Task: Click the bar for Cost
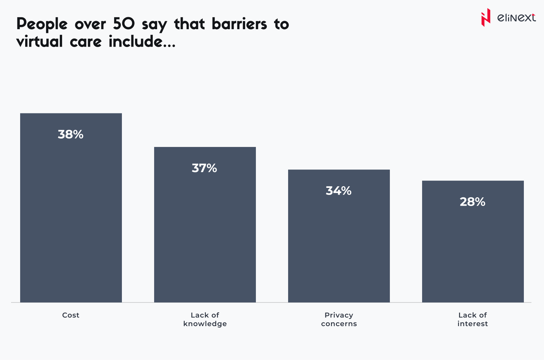click(71, 218)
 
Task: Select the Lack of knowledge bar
click(205, 235)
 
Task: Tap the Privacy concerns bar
click(339, 245)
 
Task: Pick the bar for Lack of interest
click(473, 252)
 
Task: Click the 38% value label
click(71, 135)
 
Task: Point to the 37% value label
click(205, 168)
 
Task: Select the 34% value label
click(338, 191)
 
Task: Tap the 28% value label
click(472, 202)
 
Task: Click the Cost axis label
click(71, 315)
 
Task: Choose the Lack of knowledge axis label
click(205, 319)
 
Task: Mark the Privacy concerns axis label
click(339, 319)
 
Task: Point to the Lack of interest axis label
click(472, 319)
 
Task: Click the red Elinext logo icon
click(486, 17)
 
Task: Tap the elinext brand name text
click(516, 17)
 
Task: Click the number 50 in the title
click(124, 24)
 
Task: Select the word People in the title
click(42, 24)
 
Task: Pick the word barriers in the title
click(239, 24)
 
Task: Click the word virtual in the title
click(40, 42)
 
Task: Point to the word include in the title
click(136, 42)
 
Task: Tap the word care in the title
click(86, 42)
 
